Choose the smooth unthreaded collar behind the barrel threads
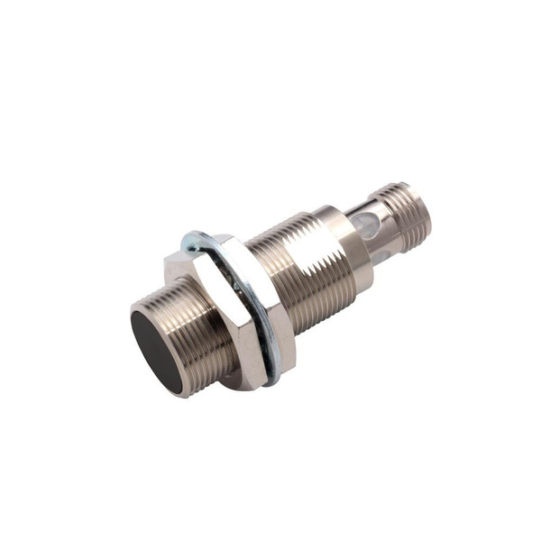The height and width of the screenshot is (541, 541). (353, 243)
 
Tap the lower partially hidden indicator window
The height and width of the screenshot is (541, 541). (383, 258)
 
